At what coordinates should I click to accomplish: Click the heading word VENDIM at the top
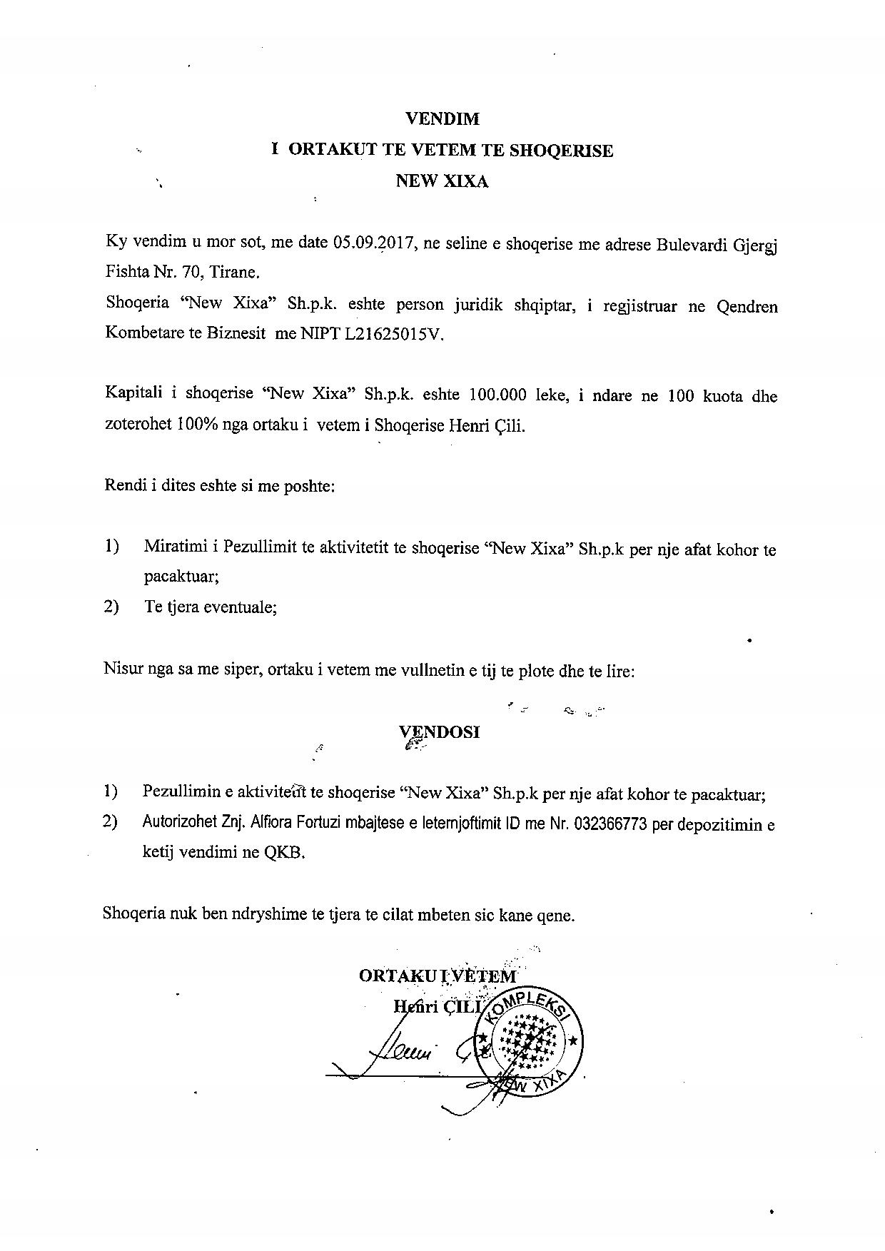pos(442,118)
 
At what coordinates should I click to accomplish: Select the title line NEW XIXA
pos(442,181)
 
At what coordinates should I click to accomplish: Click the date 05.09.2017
pos(374,243)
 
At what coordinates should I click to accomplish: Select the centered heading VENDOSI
pos(440,732)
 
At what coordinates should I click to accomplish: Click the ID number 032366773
pos(610,824)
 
